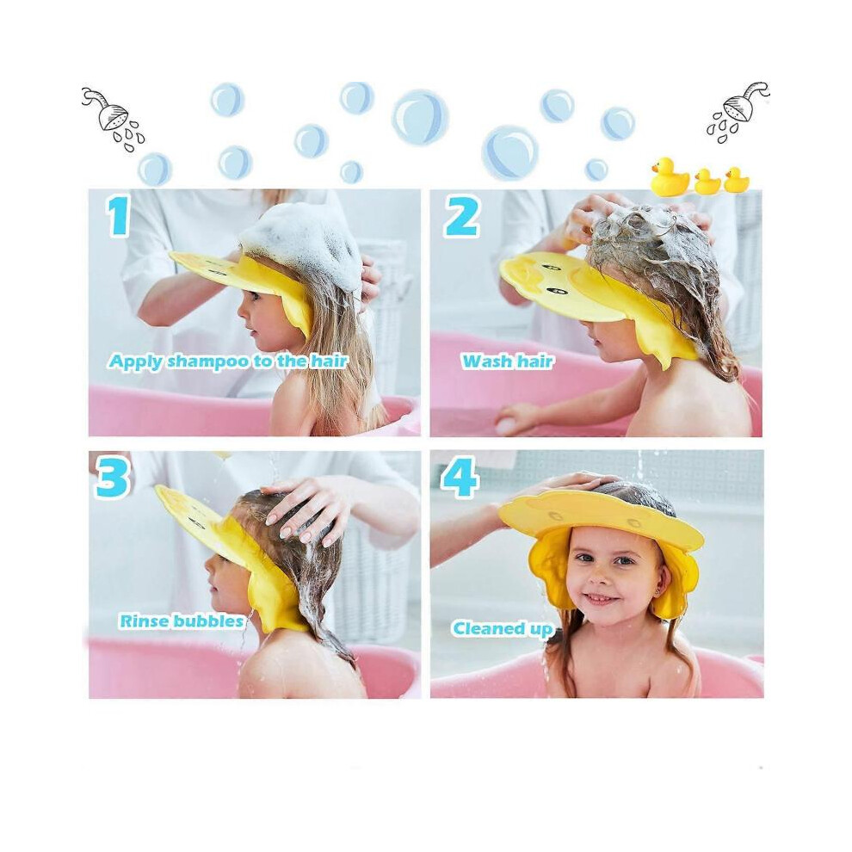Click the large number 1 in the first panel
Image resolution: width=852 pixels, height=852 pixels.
(120, 216)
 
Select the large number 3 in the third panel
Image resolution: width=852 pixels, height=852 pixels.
(113, 478)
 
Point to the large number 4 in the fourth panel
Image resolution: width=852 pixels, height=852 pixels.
(460, 478)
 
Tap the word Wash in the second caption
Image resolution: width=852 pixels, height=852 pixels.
(485, 361)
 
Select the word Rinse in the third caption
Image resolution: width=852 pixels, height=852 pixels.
(143, 620)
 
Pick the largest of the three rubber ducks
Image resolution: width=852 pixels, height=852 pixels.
(670, 175)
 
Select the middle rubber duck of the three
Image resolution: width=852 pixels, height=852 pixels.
(707, 182)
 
